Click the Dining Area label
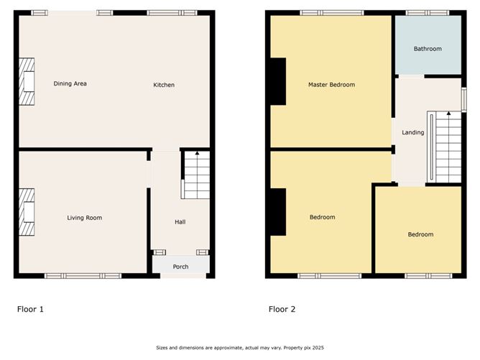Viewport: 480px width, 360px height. coord(70,84)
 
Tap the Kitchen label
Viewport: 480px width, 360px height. coord(164,86)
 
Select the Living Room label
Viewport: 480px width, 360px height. coord(84,218)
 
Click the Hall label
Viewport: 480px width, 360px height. coord(180,222)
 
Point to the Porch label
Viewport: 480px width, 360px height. coord(180,267)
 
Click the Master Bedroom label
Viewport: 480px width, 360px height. coord(331,85)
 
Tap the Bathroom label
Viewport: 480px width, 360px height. coord(428,49)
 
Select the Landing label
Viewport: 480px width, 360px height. coord(412,132)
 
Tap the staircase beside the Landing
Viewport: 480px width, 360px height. coord(445,147)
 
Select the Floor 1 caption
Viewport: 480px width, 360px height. coord(30,310)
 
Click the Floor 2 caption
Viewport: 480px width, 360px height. coord(282,310)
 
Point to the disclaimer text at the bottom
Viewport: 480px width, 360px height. coord(240,348)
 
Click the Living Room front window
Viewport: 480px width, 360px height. coord(83,275)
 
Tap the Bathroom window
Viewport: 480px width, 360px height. coord(428,13)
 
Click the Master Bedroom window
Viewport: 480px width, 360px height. coord(331,13)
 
